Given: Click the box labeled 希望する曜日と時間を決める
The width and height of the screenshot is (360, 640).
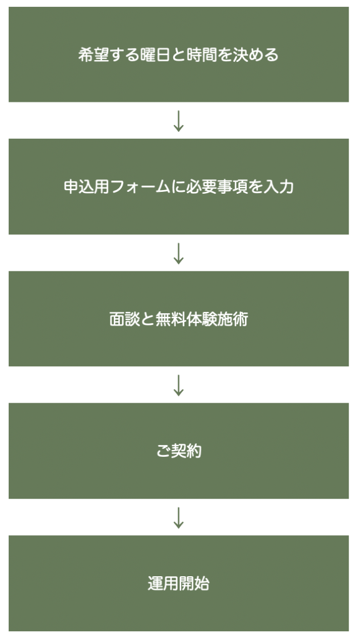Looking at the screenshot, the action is (x=179, y=54).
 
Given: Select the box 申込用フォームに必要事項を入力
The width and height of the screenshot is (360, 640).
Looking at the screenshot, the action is (x=179, y=186).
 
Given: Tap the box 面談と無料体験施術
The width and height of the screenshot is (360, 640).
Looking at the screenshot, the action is (x=179, y=319).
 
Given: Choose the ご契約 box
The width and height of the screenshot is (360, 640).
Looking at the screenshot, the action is (x=179, y=451).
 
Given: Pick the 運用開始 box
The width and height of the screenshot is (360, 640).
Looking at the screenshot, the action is (x=179, y=583).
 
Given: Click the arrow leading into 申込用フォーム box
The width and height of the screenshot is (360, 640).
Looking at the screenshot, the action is (x=178, y=121).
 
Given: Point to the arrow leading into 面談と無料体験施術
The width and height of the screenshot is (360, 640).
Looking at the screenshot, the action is (x=178, y=253).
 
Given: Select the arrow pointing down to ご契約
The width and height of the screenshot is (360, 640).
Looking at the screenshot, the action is (x=178, y=385).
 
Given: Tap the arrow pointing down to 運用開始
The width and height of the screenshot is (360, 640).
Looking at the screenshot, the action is (x=178, y=517).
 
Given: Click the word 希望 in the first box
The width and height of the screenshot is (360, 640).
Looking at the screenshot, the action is (x=94, y=55).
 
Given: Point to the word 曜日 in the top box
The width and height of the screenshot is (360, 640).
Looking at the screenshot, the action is (x=155, y=55).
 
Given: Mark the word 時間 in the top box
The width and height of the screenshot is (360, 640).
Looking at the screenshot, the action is (x=201, y=55).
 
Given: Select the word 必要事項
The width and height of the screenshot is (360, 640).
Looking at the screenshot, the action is (x=217, y=187).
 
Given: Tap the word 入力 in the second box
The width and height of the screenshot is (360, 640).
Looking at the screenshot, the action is (x=278, y=187).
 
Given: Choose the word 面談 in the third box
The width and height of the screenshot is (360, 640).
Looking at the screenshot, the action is (x=124, y=319).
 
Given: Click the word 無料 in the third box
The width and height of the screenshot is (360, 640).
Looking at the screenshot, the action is (x=171, y=319).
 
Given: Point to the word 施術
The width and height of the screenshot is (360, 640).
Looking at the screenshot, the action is (x=232, y=319).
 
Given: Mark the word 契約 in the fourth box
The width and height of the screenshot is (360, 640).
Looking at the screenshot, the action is (x=186, y=451).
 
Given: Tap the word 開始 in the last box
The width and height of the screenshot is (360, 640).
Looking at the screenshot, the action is (x=194, y=584).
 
